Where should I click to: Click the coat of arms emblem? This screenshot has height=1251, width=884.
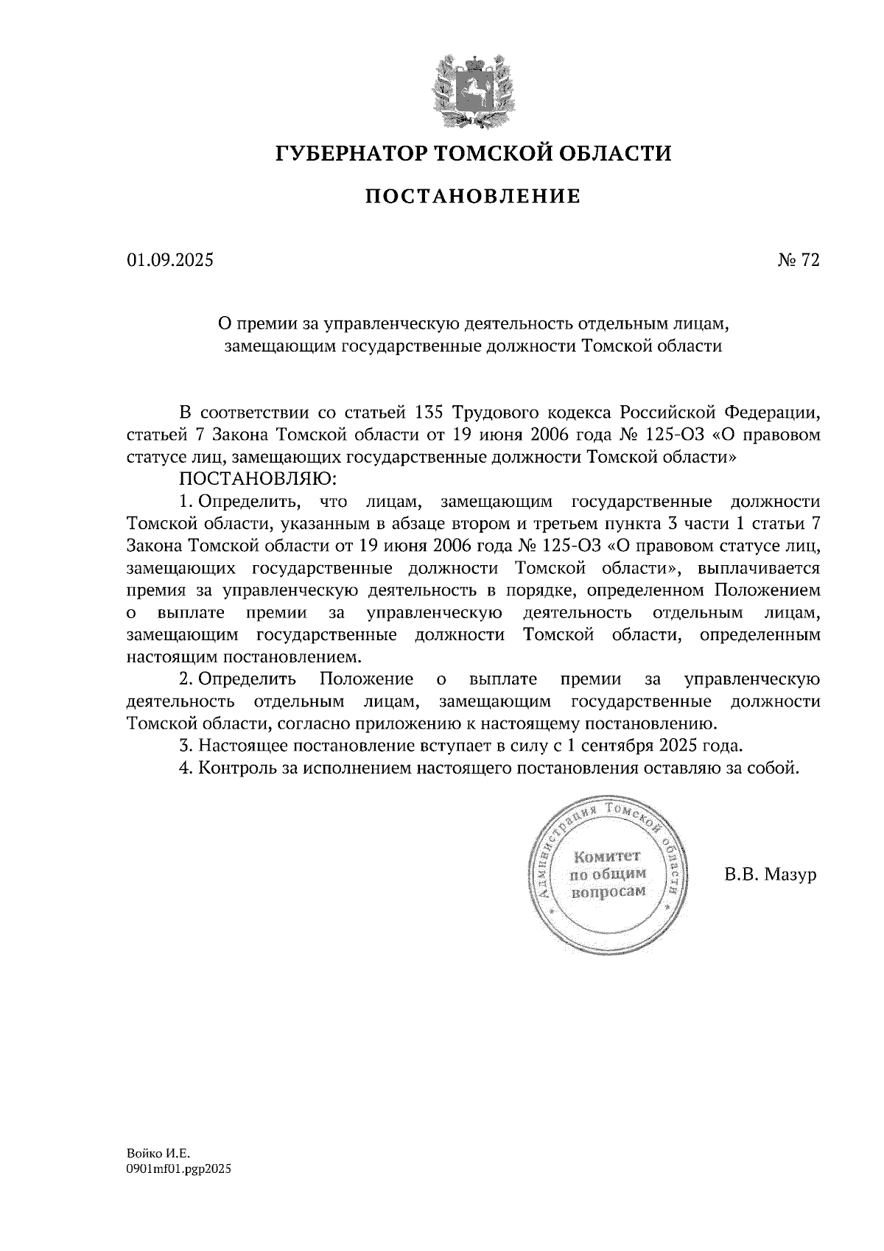coord(472,87)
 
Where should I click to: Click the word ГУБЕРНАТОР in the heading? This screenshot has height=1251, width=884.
coord(349,153)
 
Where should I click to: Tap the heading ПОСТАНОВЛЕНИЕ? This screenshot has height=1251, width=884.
coord(473,196)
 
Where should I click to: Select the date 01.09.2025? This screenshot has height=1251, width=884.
coord(169,260)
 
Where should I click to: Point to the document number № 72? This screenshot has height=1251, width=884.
coord(798,260)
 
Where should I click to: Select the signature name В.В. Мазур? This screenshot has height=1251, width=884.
coord(771,875)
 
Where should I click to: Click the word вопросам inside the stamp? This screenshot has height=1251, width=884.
coord(608,891)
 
